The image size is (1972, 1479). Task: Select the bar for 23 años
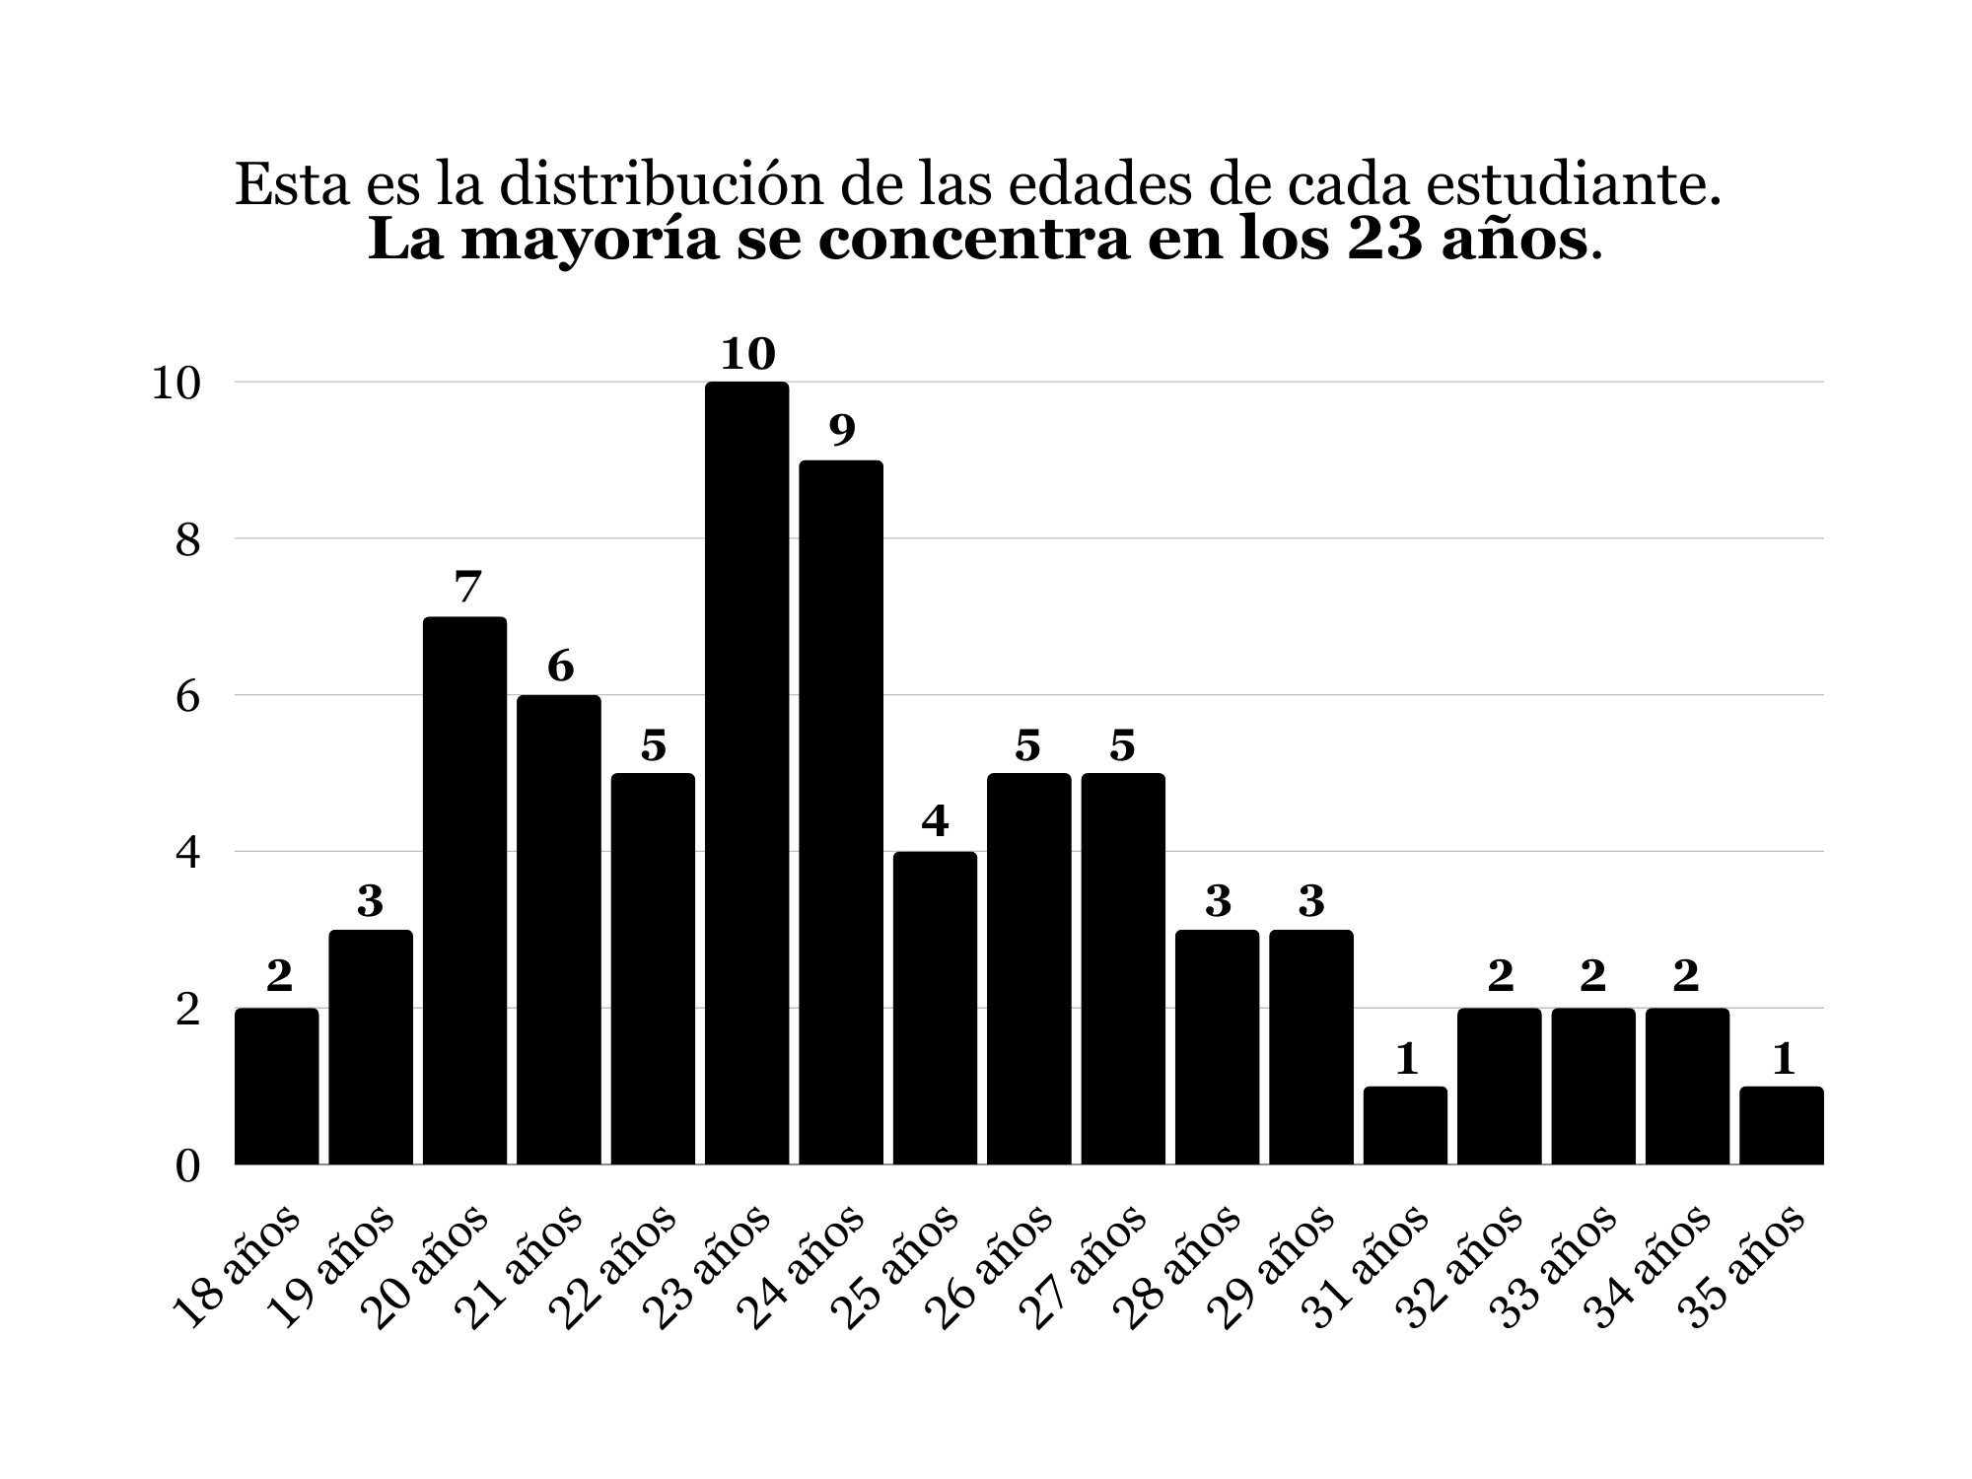coord(746,773)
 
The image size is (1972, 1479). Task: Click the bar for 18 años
coord(276,1086)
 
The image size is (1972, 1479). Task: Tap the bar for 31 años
coord(1405,1125)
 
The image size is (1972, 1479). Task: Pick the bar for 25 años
coord(935,1008)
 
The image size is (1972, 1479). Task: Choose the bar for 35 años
coord(1781,1125)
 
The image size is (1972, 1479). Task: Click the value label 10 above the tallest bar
coord(747,354)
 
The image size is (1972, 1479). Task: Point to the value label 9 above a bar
coord(841,431)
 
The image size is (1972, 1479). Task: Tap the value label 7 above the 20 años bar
coord(465,588)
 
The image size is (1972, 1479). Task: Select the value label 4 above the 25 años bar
coord(935,821)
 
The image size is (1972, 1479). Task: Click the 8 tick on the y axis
coord(187,540)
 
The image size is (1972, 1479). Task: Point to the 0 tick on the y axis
coord(187,1166)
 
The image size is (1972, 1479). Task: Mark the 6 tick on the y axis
coord(187,697)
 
